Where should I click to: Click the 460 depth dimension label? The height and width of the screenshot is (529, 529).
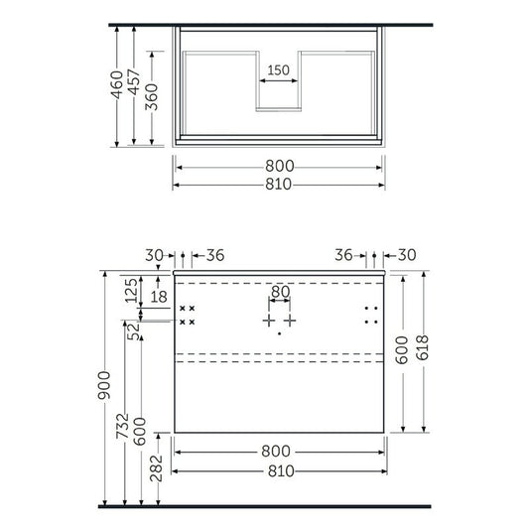click(117, 86)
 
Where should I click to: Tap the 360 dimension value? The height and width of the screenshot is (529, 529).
click(151, 97)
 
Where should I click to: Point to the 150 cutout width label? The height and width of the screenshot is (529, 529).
click(279, 70)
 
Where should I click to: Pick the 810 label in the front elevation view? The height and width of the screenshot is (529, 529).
click(279, 470)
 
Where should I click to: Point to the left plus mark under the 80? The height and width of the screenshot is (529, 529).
click(267, 322)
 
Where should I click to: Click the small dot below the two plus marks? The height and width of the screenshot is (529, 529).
click(279, 334)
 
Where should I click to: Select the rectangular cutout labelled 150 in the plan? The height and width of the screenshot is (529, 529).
click(279, 90)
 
